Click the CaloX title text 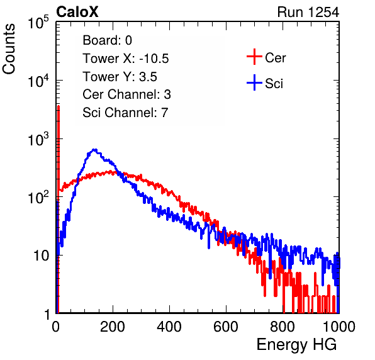[x=77, y=12]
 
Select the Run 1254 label [x=308, y=12]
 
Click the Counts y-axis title [x=9, y=49]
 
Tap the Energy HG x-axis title [x=296, y=344]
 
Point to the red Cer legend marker [x=254, y=57]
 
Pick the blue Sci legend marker [x=254, y=82]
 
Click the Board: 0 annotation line [x=107, y=40]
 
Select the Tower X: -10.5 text [x=126, y=59]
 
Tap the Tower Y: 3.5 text [x=120, y=77]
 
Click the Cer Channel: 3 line [x=126, y=94]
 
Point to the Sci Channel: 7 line [x=125, y=113]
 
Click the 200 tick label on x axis [x=113, y=327]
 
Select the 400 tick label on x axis [x=169, y=327]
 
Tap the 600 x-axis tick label [x=226, y=327]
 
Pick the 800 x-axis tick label [x=283, y=327]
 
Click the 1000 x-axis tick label [x=339, y=327]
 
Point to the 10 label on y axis [x=41, y=256]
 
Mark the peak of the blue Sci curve [x=95, y=150]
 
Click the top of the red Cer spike [x=59, y=106]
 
